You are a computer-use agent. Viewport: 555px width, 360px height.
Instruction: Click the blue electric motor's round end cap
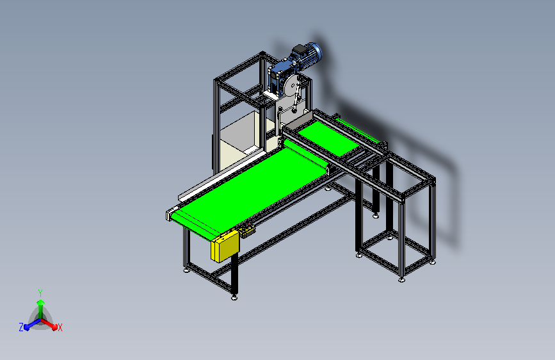[x=316, y=52]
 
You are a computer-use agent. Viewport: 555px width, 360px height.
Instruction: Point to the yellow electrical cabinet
[x=225, y=246]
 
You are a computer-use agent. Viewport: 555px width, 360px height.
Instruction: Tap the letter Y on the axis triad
[x=40, y=293]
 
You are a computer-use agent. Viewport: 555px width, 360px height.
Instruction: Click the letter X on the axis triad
[x=60, y=328]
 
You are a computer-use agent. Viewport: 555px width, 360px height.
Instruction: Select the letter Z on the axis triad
[x=21, y=327]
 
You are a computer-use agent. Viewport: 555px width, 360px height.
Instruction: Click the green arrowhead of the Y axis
[x=41, y=303]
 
